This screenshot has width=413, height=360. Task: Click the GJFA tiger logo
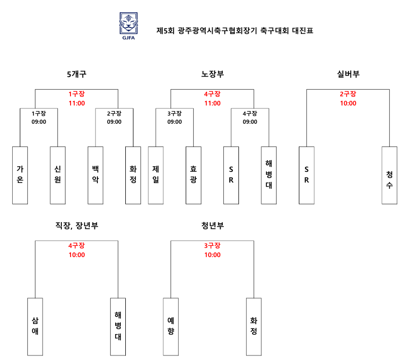click(x=128, y=26)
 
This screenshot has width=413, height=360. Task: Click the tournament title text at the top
click(x=235, y=31)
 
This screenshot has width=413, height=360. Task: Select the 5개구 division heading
click(x=77, y=74)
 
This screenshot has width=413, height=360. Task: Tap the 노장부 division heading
click(x=212, y=74)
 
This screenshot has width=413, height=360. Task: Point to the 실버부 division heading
click(x=348, y=74)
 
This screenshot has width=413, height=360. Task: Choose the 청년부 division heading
click(x=212, y=226)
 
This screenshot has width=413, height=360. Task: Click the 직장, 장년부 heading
click(x=77, y=226)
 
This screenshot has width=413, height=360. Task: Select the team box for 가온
click(x=20, y=175)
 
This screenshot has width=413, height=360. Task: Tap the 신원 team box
click(x=58, y=175)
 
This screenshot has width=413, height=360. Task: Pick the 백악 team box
click(x=95, y=175)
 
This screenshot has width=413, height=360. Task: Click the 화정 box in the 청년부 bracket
click(x=254, y=327)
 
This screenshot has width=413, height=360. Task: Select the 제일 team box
click(x=156, y=175)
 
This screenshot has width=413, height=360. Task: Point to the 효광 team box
click(x=193, y=175)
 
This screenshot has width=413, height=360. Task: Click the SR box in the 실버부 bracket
click(x=306, y=175)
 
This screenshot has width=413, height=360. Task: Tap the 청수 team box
click(x=389, y=175)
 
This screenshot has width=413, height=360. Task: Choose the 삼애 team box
click(x=35, y=327)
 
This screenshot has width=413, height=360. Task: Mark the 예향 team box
click(x=170, y=327)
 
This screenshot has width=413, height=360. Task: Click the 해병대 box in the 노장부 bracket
click(x=269, y=175)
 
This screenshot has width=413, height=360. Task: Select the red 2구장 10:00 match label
click(x=348, y=99)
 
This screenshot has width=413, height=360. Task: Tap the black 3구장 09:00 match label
click(x=175, y=118)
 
